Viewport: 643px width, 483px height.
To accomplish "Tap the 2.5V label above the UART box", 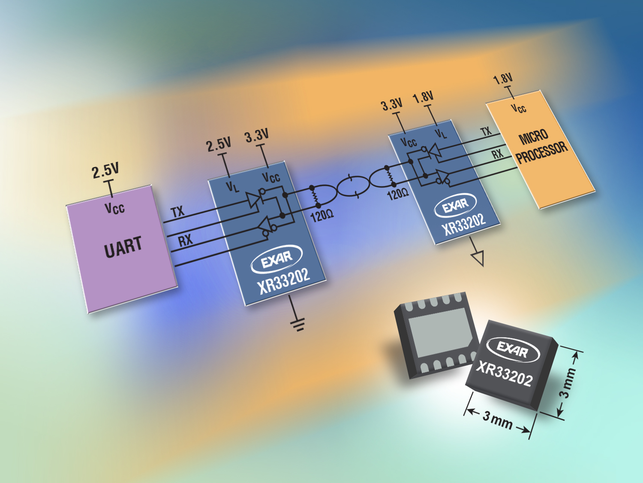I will pyautogui.click(x=105, y=171).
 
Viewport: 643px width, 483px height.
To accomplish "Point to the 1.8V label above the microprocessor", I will pyautogui.click(x=503, y=79).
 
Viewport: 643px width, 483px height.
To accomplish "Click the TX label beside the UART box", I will pyautogui.click(x=177, y=212).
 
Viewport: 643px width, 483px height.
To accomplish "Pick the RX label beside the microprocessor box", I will pyautogui.click(x=497, y=154).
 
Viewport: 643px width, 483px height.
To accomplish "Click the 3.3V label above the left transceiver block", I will pyautogui.click(x=257, y=136).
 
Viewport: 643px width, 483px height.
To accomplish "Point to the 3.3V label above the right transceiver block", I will pyautogui.click(x=392, y=104).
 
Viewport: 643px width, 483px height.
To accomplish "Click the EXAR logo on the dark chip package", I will pyautogui.click(x=513, y=349).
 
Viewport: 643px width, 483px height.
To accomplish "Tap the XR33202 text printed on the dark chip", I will pyautogui.click(x=505, y=374).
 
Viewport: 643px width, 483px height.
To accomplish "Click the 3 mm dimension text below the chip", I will pyautogui.click(x=498, y=420).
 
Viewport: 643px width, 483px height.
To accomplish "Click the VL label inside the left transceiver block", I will pyautogui.click(x=232, y=187).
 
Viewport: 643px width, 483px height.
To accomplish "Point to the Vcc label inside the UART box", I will pyautogui.click(x=114, y=208).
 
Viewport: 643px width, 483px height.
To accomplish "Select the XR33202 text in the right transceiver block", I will pyautogui.click(x=465, y=224).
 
